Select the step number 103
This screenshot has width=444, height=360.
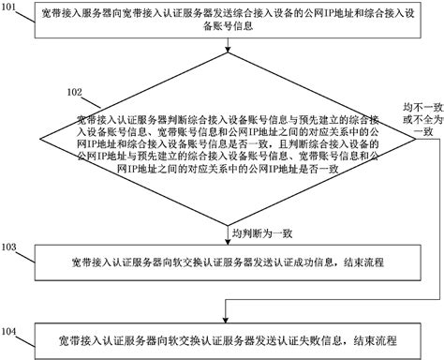10,247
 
